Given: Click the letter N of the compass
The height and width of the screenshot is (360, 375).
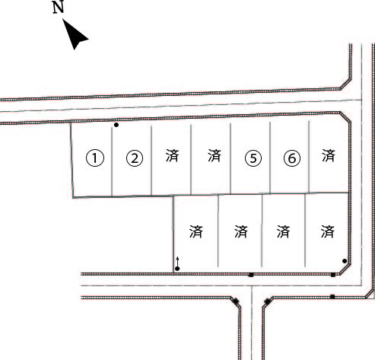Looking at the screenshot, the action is pos(58,7).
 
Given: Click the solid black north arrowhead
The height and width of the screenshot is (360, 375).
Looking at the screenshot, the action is pos(75,34).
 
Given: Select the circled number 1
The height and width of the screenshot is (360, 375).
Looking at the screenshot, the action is pos(95,158).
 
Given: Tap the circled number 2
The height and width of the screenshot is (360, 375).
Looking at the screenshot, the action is pos(135,158).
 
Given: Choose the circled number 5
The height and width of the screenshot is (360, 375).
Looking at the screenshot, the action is pos(253,158).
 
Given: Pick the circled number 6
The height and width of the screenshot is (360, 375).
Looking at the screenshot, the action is pos(292,158).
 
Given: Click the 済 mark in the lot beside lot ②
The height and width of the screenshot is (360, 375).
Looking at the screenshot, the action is pos(173,155).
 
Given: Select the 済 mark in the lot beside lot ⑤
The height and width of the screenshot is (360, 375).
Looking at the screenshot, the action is pos(215,155).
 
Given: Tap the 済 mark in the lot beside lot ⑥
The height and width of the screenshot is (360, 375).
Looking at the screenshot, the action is pos(329,155).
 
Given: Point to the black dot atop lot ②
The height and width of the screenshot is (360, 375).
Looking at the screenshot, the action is pos(116,125).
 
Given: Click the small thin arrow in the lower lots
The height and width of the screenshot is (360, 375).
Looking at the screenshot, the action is pos(177,261).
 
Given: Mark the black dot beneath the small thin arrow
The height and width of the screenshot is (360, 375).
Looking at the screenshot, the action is pos(177,269).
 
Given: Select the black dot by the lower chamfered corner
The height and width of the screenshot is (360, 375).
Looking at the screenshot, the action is pos(345,261).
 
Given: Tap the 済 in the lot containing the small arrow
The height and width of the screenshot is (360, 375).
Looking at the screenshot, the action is pos(196,231).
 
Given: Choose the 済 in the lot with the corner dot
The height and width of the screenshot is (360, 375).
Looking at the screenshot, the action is pos(328,231).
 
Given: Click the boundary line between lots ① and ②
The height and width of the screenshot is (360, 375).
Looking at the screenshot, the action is pos(112,161).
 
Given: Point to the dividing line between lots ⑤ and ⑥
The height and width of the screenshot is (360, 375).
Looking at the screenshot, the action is pos(270,158).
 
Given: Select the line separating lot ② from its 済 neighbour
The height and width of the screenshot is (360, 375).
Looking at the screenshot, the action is pos(151,161).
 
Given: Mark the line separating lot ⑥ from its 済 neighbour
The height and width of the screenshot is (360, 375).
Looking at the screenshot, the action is pos(309,157).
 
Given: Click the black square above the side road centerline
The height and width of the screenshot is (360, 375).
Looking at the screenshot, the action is pos(251,275).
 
